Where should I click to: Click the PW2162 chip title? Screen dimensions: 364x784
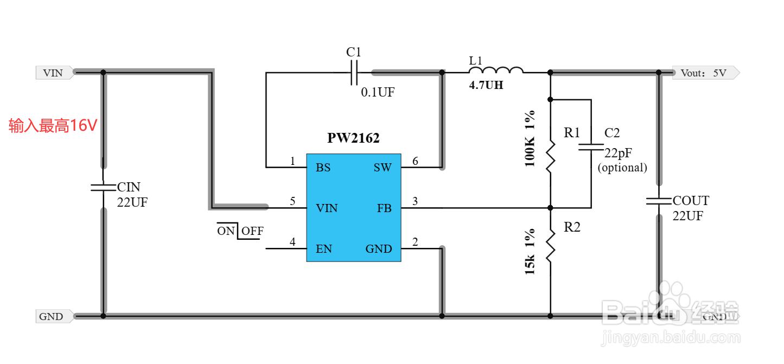point(353,138)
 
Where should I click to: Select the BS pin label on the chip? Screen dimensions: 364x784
point(323,168)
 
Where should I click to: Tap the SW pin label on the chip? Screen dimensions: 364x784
point(383,168)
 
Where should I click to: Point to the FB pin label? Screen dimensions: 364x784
point(384,208)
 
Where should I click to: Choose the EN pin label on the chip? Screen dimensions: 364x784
point(324,249)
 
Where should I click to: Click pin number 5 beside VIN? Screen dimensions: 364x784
point(292,202)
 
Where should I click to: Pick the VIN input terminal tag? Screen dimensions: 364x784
point(54,73)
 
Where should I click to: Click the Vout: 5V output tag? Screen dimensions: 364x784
point(704,73)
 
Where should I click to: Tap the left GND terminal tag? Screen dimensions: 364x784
point(52,317)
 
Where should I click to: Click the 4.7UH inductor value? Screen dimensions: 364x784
point(486,85)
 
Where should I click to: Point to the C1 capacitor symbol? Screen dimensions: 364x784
point(354,72)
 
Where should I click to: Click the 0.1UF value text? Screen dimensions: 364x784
point(378,93)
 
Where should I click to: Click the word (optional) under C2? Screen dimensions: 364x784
point(622,168)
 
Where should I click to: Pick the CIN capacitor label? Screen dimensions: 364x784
point(129,188)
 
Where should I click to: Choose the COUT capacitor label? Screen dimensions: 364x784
point(691,201)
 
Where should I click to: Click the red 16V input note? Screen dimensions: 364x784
point(53,126)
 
